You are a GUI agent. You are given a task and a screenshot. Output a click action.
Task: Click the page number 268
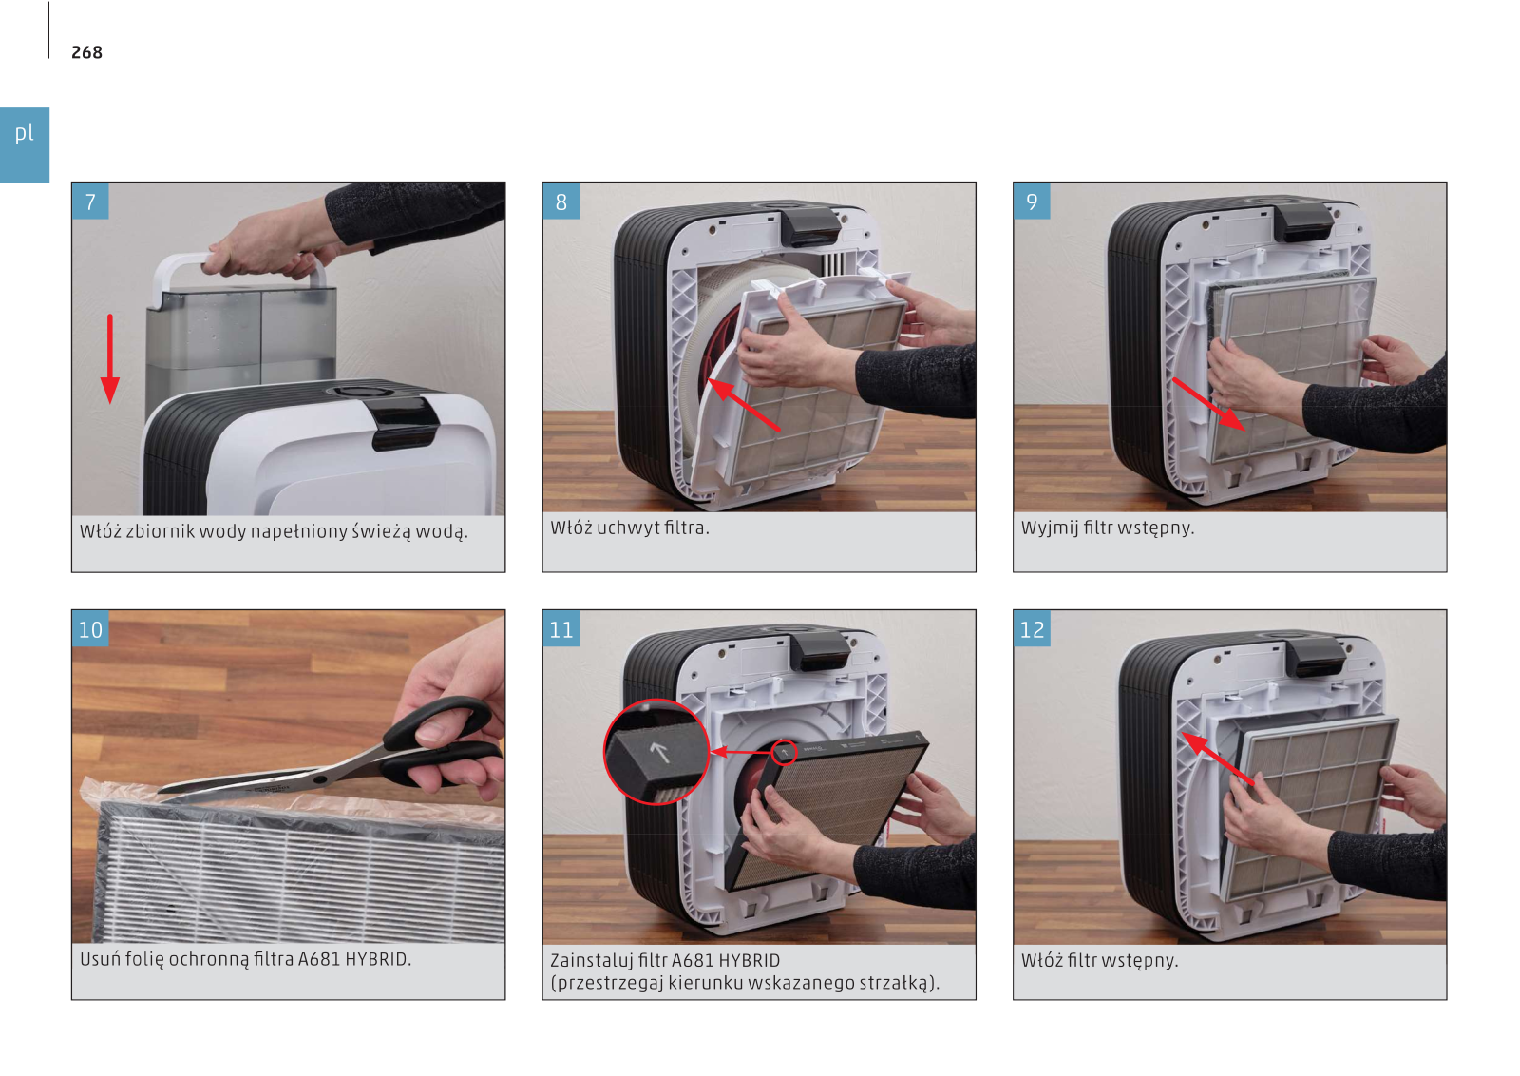click(86, 52)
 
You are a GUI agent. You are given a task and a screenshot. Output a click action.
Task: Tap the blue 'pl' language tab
click(25, 144)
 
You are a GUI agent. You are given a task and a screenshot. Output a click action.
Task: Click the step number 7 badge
click(90, 201)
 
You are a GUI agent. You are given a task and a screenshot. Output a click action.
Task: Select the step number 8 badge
click(561, 201)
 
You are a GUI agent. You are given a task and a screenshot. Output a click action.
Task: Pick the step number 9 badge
click(1032, 201)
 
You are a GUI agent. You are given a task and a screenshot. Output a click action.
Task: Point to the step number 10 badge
click(90, 628)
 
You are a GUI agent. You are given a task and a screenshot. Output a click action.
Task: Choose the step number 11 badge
click(561, 628)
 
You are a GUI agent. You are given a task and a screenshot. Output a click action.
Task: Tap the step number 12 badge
click(1032, 628)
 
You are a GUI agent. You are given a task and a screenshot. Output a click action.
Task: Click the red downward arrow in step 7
click(110, 358)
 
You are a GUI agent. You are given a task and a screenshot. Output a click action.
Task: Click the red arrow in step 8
click(744, 405)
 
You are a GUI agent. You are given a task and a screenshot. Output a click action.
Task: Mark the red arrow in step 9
click(1208, 404)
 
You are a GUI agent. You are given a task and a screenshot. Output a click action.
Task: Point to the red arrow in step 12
click(1218, 759)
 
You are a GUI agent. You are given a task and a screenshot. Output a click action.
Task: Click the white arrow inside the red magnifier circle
click(659, 752)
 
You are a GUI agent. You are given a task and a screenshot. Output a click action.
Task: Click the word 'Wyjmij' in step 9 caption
click(1050, 528)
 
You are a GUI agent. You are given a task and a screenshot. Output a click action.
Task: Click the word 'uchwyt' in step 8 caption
click(627, 528)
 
